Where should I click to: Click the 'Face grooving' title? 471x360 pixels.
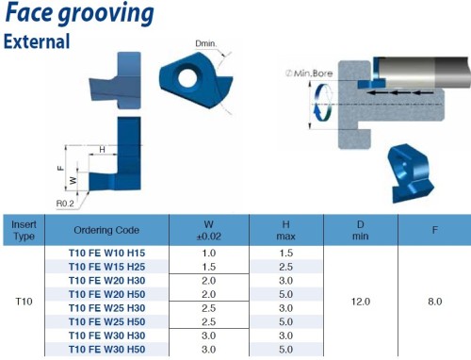click(80, 13)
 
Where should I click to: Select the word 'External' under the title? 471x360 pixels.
click(37, 41)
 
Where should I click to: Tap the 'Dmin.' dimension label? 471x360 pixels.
click(205, 43)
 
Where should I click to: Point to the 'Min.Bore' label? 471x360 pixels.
click(309, 74)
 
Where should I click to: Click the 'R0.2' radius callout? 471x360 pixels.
click(65, 204)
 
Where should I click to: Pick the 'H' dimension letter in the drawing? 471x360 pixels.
click(102, 150)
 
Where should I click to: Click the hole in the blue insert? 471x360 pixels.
click(187, 75)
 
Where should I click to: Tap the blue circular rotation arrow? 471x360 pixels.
click(323, 103)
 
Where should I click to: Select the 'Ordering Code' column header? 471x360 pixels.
click(106, 230)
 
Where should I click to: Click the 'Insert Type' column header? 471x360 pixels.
click(24, 230)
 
